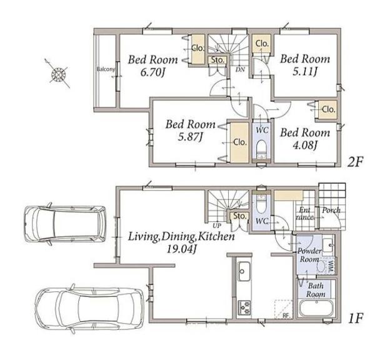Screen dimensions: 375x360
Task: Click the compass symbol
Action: click(58, 74)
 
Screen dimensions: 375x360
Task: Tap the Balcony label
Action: click(106, 69)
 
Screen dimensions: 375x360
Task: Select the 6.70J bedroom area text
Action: click(152, 72)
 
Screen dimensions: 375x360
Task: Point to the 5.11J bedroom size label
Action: click(305, 71)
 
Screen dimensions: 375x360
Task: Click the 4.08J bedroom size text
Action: click(305, 145)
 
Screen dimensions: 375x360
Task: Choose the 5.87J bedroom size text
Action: click(191, 137)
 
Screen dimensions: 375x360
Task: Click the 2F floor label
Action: click(356, 162)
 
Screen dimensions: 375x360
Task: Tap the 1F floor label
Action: click(356, 318)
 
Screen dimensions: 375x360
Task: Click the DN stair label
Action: click(240, 69)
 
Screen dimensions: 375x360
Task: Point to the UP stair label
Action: click(217, 226)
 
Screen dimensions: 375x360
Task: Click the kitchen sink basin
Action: click(244, 272)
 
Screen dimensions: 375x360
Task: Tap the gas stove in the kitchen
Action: click(244, 307)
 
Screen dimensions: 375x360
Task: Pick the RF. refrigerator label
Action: click(286, 316)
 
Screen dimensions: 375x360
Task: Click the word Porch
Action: click(331, 210)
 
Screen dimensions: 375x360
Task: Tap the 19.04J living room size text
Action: click(181, 249)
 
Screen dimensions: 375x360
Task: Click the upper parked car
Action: click(65, 224)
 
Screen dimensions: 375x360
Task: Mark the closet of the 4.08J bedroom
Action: click(328, 109)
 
